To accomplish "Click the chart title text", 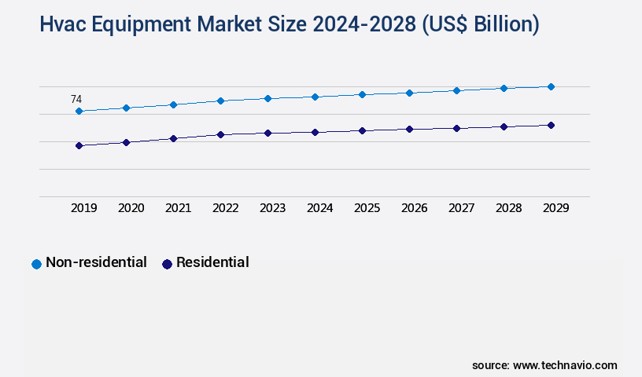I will (x=290, y=25).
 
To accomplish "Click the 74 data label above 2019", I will (x=76, y=100).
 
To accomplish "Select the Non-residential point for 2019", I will (x=79, y=112).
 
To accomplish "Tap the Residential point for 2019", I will (x=79, y=145).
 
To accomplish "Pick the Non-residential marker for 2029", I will (x=551, y=86).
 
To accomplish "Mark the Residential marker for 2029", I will (x=551, y=125).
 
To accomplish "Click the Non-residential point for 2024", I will (x=315, y=97).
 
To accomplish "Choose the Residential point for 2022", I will (x=220, y=134).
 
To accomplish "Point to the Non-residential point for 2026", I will (x=409, y=93).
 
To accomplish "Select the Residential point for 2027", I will (x=456, y=128).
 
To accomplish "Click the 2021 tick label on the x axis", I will (x=178, y=208).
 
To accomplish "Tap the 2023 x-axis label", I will (x=272, y=208).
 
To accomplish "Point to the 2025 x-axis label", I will (x=367, y=208).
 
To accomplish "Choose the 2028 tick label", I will (x=508, y=208).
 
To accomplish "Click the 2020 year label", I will (x=131, y=208).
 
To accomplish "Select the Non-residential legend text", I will (x=96, y=262).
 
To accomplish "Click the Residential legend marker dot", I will (x=167, y=264).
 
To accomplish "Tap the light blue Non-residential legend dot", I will (x=36, y=264).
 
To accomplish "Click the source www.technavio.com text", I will (x=544, y=365).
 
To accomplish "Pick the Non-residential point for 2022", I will (x=220, y=101).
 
